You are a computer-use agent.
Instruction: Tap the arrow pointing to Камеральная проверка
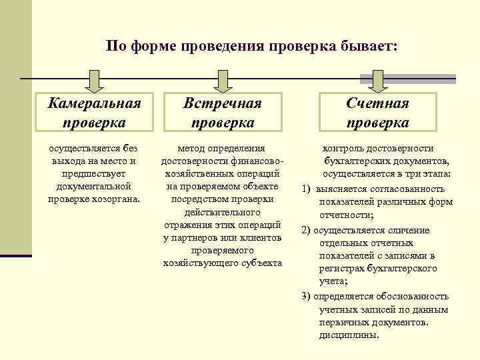95,80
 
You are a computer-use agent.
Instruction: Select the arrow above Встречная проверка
223,80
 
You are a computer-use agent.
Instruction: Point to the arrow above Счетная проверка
378,80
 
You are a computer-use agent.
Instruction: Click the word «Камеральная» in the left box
95,103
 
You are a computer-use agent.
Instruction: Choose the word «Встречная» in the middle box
223,103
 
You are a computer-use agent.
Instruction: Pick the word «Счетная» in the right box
377,103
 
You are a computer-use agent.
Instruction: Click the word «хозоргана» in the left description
116,199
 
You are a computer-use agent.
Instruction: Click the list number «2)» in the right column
306,230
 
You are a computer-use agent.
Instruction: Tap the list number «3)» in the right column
306,296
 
